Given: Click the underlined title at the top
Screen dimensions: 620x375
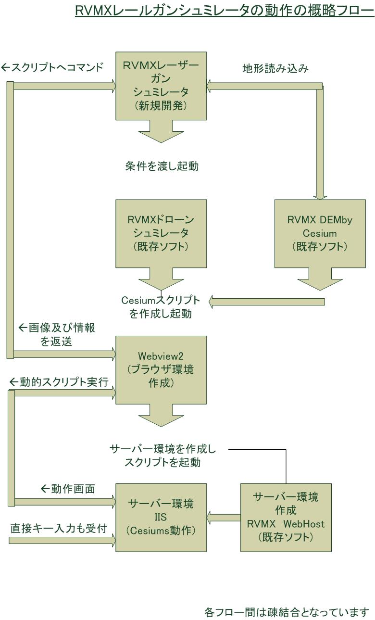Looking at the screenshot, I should coord(225,10).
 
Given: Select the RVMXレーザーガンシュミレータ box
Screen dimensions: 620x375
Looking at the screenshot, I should coord(161,86).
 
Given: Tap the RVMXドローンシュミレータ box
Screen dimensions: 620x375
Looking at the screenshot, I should coord(161,233).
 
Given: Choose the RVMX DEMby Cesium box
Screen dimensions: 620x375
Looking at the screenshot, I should coord(320,233).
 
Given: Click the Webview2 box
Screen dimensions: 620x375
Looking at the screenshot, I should coord(161,370).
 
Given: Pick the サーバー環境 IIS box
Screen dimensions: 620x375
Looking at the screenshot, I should coord(161,517).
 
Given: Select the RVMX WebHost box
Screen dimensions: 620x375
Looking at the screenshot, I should coord(286,517).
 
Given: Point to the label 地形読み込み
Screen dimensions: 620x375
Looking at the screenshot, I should coord(275,68).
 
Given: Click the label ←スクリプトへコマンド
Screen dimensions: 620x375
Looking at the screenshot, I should coord(52,67).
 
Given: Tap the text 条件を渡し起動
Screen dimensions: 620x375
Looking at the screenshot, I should coord(162,166).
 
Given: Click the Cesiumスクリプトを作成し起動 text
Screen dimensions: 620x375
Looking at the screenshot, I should coord(161,307).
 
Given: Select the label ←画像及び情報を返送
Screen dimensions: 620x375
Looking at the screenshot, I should coord(57,335).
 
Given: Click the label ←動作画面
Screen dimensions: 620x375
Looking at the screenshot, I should coord(67,489).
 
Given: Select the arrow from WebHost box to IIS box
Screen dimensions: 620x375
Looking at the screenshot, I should coord(224,518).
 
